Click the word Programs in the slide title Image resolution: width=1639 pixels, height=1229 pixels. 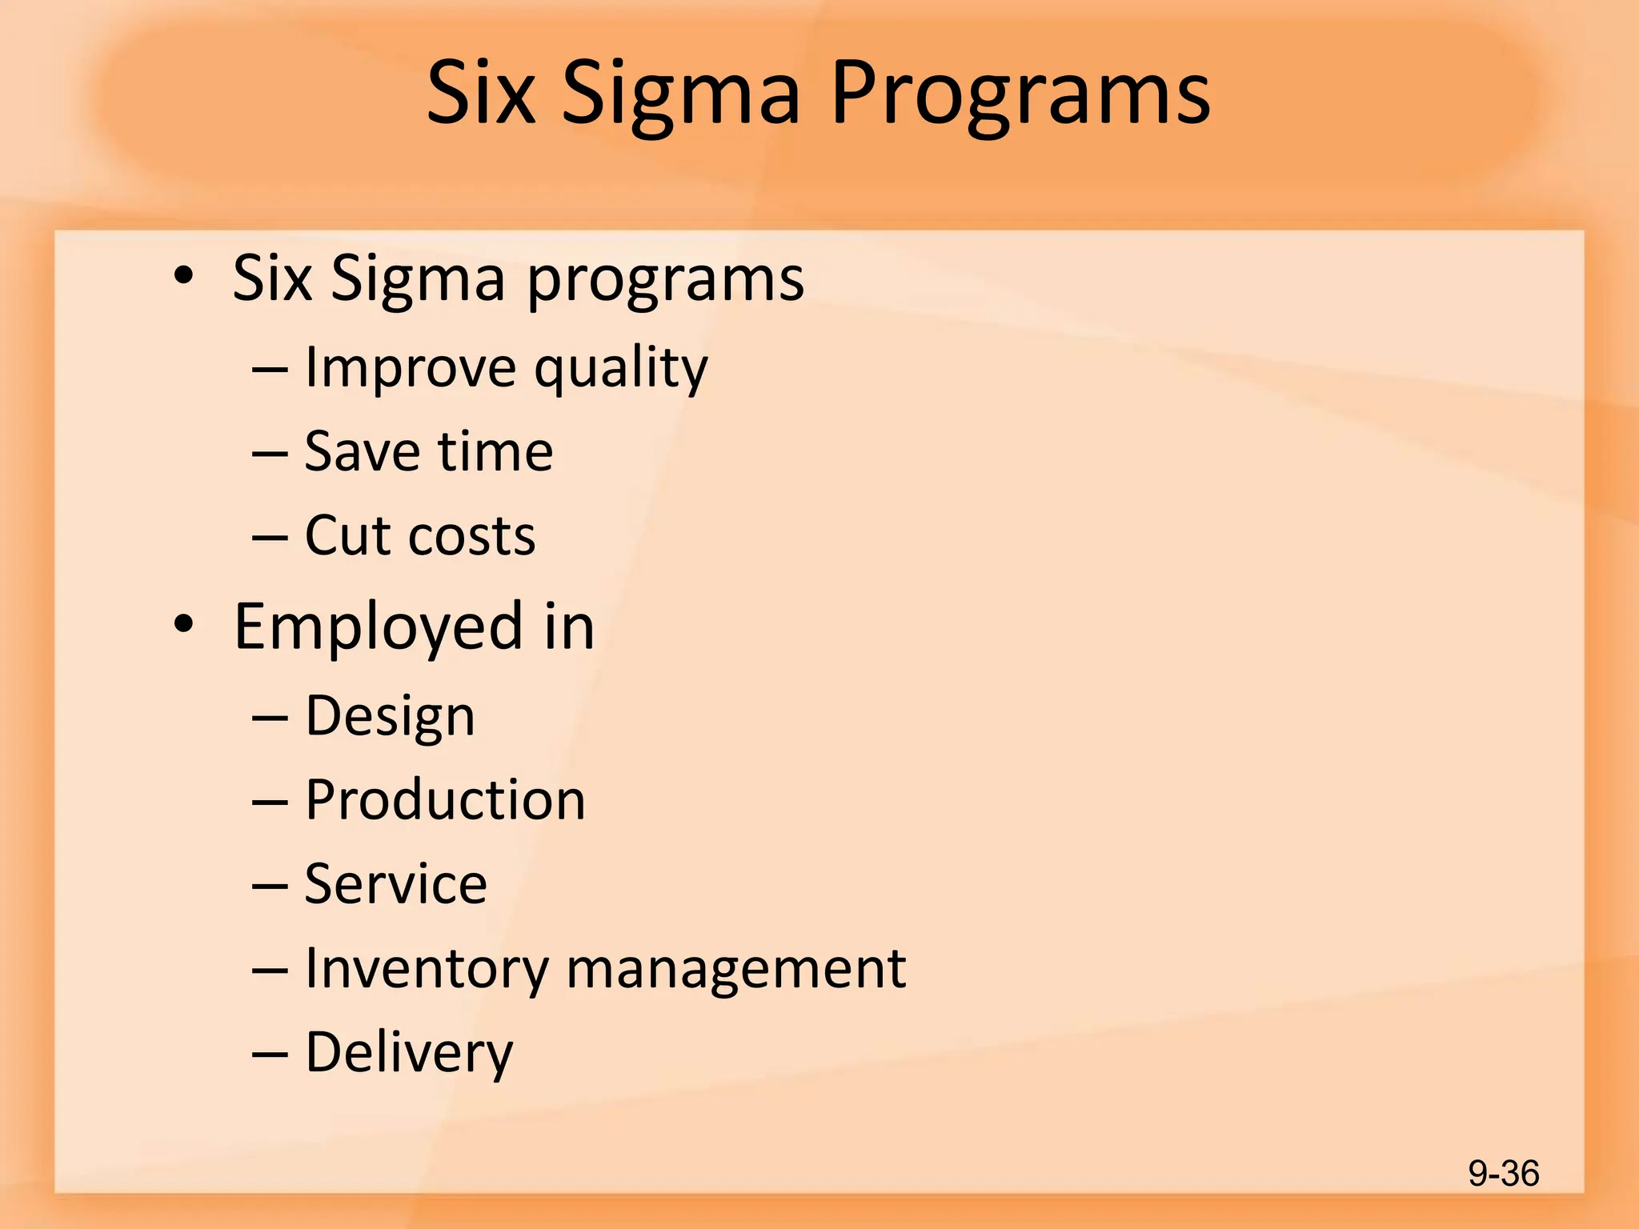[1020, 94]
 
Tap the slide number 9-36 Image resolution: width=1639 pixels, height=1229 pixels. [1503, 1174]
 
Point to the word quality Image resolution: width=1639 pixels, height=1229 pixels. [621, 370]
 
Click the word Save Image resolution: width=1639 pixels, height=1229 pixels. [363, 451]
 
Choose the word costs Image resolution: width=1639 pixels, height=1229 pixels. [471, 537]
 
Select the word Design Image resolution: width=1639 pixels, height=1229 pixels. [391, 717]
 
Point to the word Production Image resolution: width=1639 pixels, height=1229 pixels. [445, 799]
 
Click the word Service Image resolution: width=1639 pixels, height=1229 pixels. [396, 884]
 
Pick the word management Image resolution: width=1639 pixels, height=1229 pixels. [736, 970]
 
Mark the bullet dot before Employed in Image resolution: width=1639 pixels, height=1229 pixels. [183, 625]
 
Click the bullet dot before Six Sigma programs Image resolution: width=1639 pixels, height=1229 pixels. [183, 276]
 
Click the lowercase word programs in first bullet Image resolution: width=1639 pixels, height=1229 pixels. [665, 280]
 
